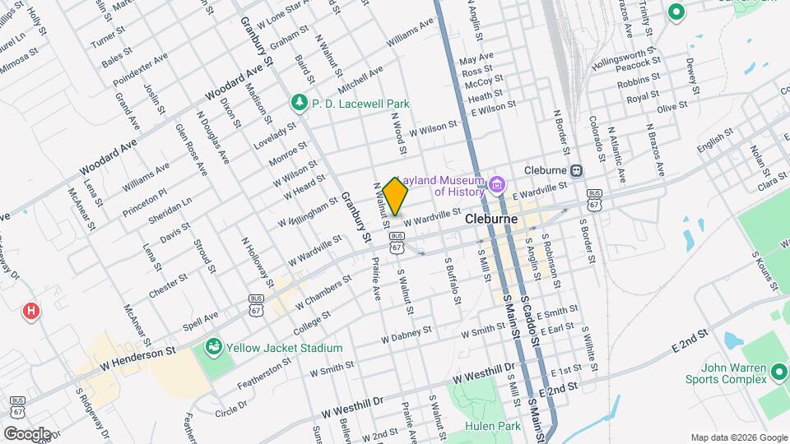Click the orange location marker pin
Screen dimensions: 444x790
coord(396,196)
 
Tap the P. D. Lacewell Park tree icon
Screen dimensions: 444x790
coord(300,104)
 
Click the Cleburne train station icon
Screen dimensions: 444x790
coord(577,170)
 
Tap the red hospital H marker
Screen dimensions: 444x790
coord(31,311)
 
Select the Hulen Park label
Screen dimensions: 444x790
coord(481,426)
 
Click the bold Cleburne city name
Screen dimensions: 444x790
coord(490,220)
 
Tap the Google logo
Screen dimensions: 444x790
coord(27,433)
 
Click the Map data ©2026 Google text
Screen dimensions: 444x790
coord(738,437)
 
